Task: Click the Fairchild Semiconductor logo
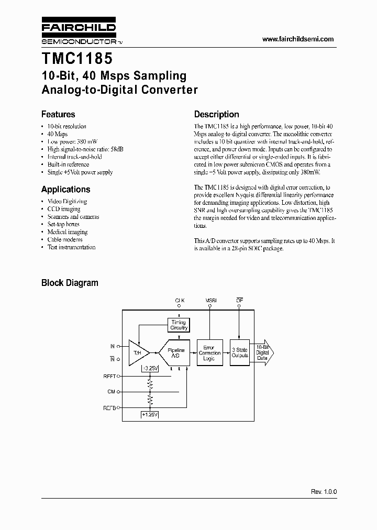[x=79, y=32]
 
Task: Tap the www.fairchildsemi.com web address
[x=297, y=39]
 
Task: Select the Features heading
[x=58, y=114]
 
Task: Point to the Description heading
[x=216, y=114]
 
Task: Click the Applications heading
[x=65, y=189]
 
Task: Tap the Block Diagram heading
[x=70, y=283]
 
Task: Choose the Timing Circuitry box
[x=179, y=325]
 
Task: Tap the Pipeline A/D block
[x=175, y=352]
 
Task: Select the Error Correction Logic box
[x=209, y=353]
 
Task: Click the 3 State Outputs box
[x=240, y=352]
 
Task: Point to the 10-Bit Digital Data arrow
[x=263, y=352]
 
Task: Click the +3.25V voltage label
[x=150, y=368]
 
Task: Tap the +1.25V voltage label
[x=150, y=415]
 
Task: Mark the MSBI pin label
[x=211, y=300]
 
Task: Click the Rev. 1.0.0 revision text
[x=324, y=492]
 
